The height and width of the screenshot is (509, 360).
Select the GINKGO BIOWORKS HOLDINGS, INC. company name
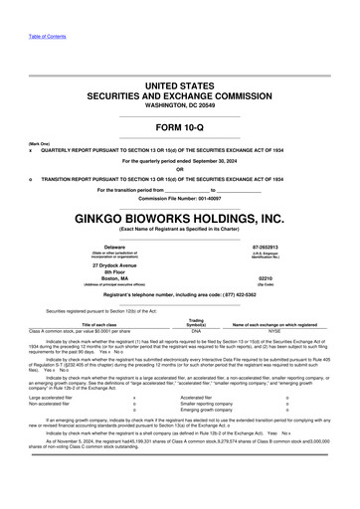(x=179, y=216)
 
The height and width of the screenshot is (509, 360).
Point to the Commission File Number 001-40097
(x=179, y=199)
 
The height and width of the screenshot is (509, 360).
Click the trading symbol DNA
(x=196, y=329)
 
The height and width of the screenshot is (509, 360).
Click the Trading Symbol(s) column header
(x=196, y=320)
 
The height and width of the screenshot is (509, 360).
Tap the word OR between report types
(x=179, y=167)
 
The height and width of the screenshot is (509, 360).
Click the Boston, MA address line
(x=116, y=278)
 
